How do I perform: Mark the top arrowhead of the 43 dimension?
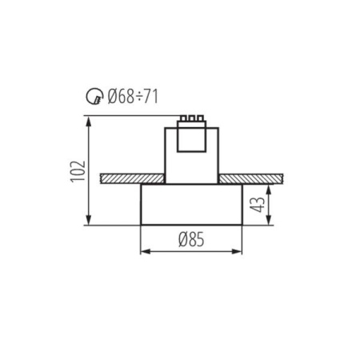click(x=269, y=186)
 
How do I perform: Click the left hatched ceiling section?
click(x=132, y=177)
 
